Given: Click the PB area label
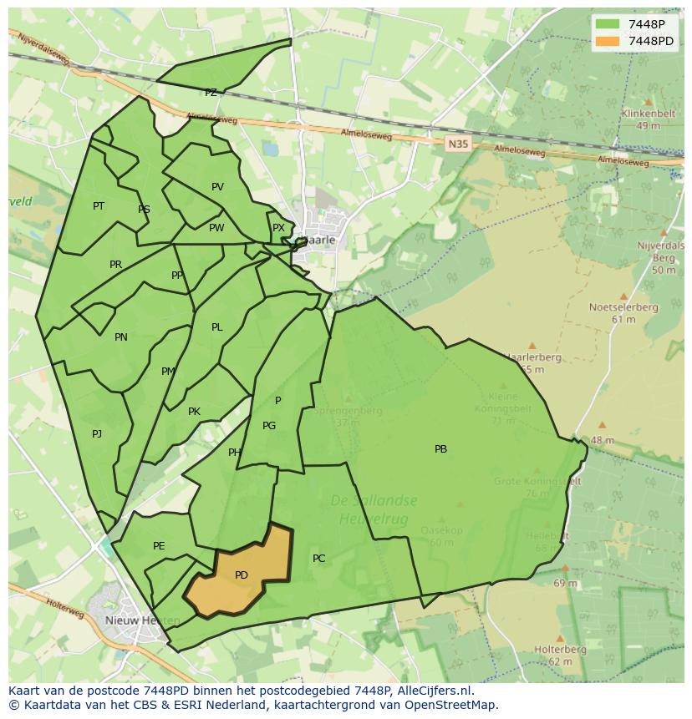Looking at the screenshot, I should [440, 449].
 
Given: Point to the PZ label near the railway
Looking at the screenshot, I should [211, 93].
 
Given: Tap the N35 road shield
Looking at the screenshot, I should [457, 144].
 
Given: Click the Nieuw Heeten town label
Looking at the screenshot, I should [142, 620].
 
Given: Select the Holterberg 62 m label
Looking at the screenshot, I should [560, 656].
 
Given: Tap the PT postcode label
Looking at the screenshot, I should [99, 205].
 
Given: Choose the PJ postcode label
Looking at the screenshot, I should [97, 433].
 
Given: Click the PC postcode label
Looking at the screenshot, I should [318, 558].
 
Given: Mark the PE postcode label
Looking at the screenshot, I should [159, 546].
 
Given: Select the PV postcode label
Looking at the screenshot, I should [217, 187].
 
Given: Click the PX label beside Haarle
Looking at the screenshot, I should [278, 227].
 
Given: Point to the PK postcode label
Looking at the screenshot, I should [194, 412].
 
